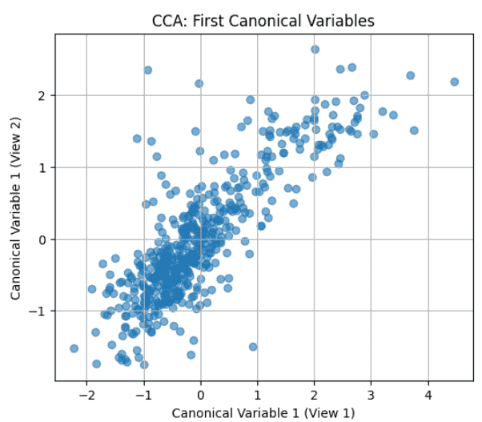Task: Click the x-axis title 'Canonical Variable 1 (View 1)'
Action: [263, 412]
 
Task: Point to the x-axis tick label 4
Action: [428, 395]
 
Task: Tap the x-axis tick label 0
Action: [200, 395]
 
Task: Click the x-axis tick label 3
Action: [372, 395]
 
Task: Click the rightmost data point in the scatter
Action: [454, 82]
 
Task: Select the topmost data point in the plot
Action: [315, 50]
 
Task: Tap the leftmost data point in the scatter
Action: [74, 348]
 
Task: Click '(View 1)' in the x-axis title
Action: [327, 412]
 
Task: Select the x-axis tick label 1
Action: [258, 395]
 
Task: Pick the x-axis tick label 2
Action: [315, 395]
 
